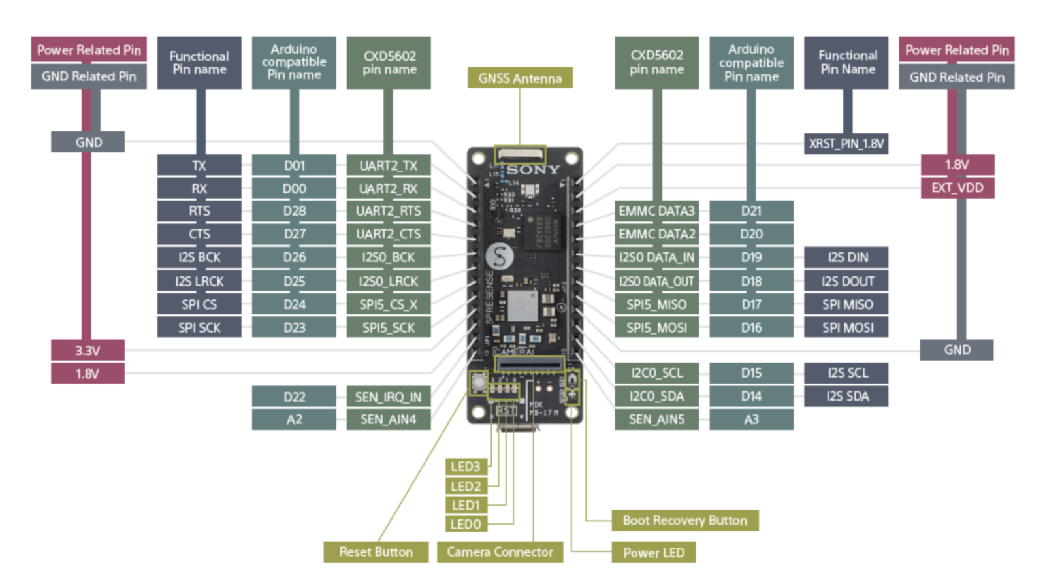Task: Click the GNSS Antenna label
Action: coord(520,78)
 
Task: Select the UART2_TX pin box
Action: coord(388,165)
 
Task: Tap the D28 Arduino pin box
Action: coord(294,211)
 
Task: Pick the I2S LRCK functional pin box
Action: coord(199,282)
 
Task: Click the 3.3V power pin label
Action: coord(88,351)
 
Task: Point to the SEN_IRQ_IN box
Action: coord(388,397)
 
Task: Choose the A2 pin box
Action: coord(294,419)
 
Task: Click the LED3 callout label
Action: coord(466,467)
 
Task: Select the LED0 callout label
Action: coord(466,524)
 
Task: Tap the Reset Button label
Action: coord(376,552)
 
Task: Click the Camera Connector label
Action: coord(500,552)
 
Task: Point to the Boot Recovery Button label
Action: coord(684,521)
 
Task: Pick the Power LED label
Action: coord(653,553)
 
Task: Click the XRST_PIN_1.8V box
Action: coord(846,144)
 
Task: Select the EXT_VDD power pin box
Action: coord(957,188)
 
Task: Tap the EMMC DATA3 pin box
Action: coord(656,211)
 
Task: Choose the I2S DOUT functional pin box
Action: coord(847,282)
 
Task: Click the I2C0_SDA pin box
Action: coord(656,396)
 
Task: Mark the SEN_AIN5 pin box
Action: coord(656,419)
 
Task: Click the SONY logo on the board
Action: coord(533,170)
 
